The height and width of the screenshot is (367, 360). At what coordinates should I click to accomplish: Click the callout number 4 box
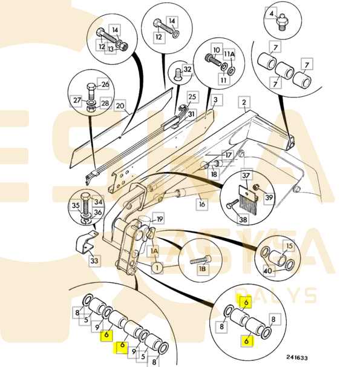point(271,13)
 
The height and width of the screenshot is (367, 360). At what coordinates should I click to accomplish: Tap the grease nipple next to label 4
point(282,23)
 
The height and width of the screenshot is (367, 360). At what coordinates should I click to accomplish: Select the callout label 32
point(188,70)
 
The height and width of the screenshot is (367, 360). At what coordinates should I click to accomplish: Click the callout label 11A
point(229,55)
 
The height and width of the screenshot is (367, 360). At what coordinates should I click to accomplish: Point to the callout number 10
point(217,50)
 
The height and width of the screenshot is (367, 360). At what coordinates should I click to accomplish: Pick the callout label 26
point(105,84)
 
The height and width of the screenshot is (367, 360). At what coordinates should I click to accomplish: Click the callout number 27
point(77,100)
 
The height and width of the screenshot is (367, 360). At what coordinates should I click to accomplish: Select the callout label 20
point(120,106)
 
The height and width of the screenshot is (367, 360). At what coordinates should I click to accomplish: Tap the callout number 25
point(192,97)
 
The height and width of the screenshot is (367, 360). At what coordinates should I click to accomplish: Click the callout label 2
point(244,102)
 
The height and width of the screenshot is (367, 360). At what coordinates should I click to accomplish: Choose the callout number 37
point(246,175)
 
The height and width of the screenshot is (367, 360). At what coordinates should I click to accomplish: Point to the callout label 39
point(269,197)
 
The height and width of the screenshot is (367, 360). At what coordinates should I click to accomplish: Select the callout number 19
point(160,219)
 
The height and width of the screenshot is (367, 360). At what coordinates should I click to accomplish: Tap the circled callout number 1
point(157,268)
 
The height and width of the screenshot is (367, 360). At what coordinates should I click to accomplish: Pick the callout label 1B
point(203,269)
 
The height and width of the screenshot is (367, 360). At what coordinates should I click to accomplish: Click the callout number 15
point(289,246)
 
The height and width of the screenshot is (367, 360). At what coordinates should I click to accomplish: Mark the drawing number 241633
point(297,357)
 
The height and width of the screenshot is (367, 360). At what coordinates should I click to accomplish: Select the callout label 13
point(111,49)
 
